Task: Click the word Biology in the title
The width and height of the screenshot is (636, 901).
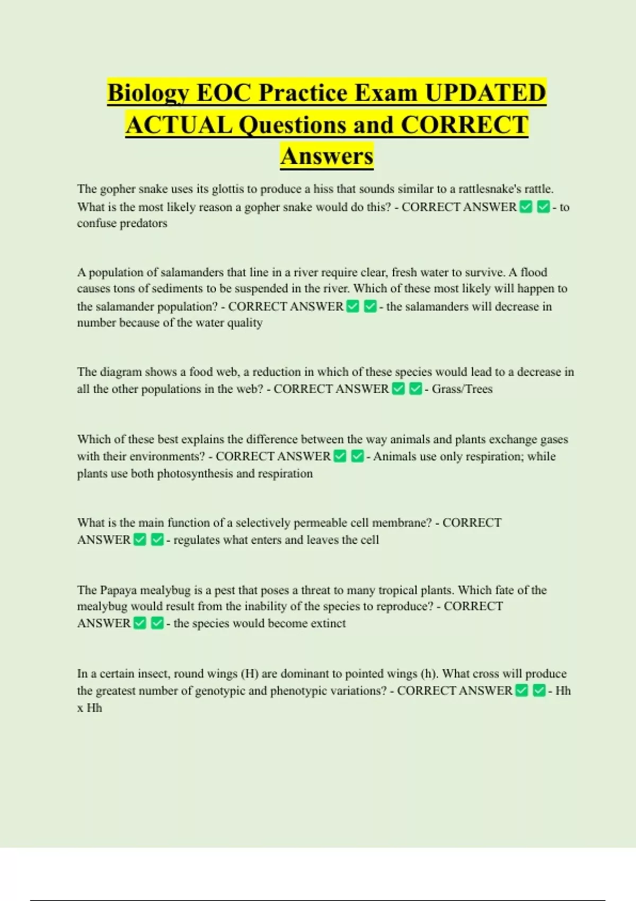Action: (x=148, y=93)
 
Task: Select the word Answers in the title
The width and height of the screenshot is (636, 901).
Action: (x=327, y=156)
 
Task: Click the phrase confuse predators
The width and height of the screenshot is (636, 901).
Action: (x=122, y=223)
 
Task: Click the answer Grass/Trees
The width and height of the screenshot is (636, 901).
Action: (x=462, y=389)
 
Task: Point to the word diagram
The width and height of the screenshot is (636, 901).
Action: (x=121, y=372)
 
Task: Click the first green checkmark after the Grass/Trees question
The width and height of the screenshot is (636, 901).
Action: (x=399, y=389)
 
